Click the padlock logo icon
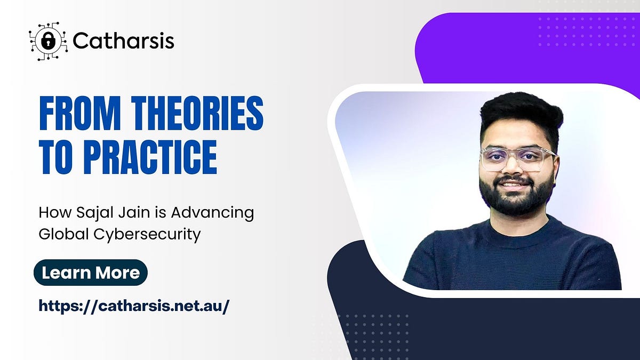pyautogui.click(x=48, y=41)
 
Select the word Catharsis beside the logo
pyautogui.click(x=123, y=41)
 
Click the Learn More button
pyautogui.click(x=91, y=273)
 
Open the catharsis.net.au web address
pyautogui.click(x=134, y=306)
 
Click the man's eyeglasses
pyautogui.click(x=517, y=158)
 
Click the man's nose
pyautogui.click(x=513, y=169)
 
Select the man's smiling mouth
pyautogui.click(x=514, y=185)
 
